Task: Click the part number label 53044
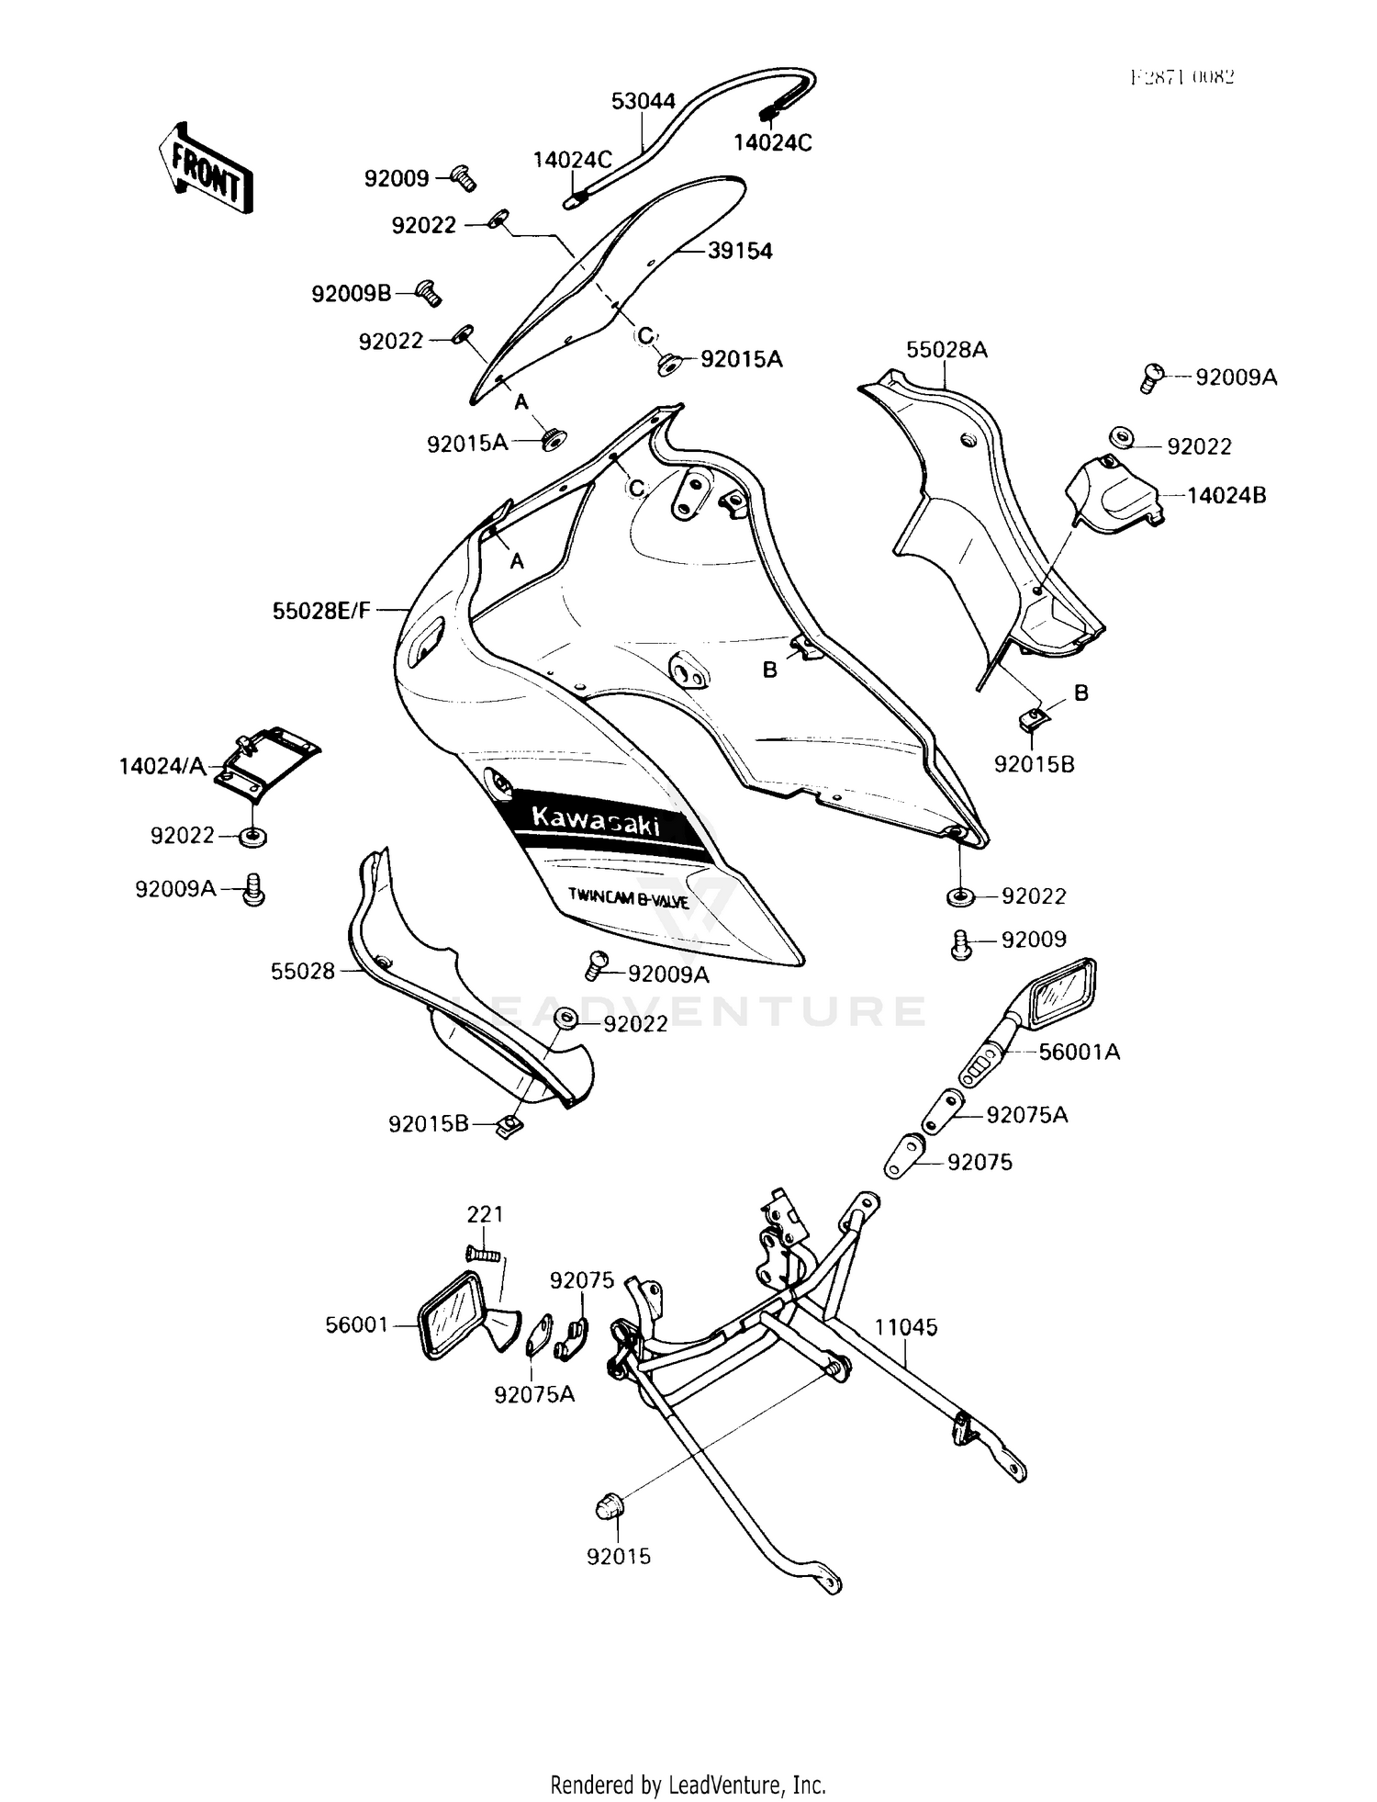point(644,101)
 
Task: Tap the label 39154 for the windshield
point(740,251)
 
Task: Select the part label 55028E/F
point(321,610)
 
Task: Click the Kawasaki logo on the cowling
point(595,819)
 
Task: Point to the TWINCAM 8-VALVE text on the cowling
point(628,897)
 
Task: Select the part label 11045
point(905,1326)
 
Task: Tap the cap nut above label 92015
point(611,1506)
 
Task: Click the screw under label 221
point(484,1252)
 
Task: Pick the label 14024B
point(1226,496)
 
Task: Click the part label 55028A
point(946,350)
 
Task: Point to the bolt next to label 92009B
point(429,292)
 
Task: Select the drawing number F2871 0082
point(1181,77)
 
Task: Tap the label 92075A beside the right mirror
point(1026,1115)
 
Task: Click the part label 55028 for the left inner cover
point(303,971)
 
